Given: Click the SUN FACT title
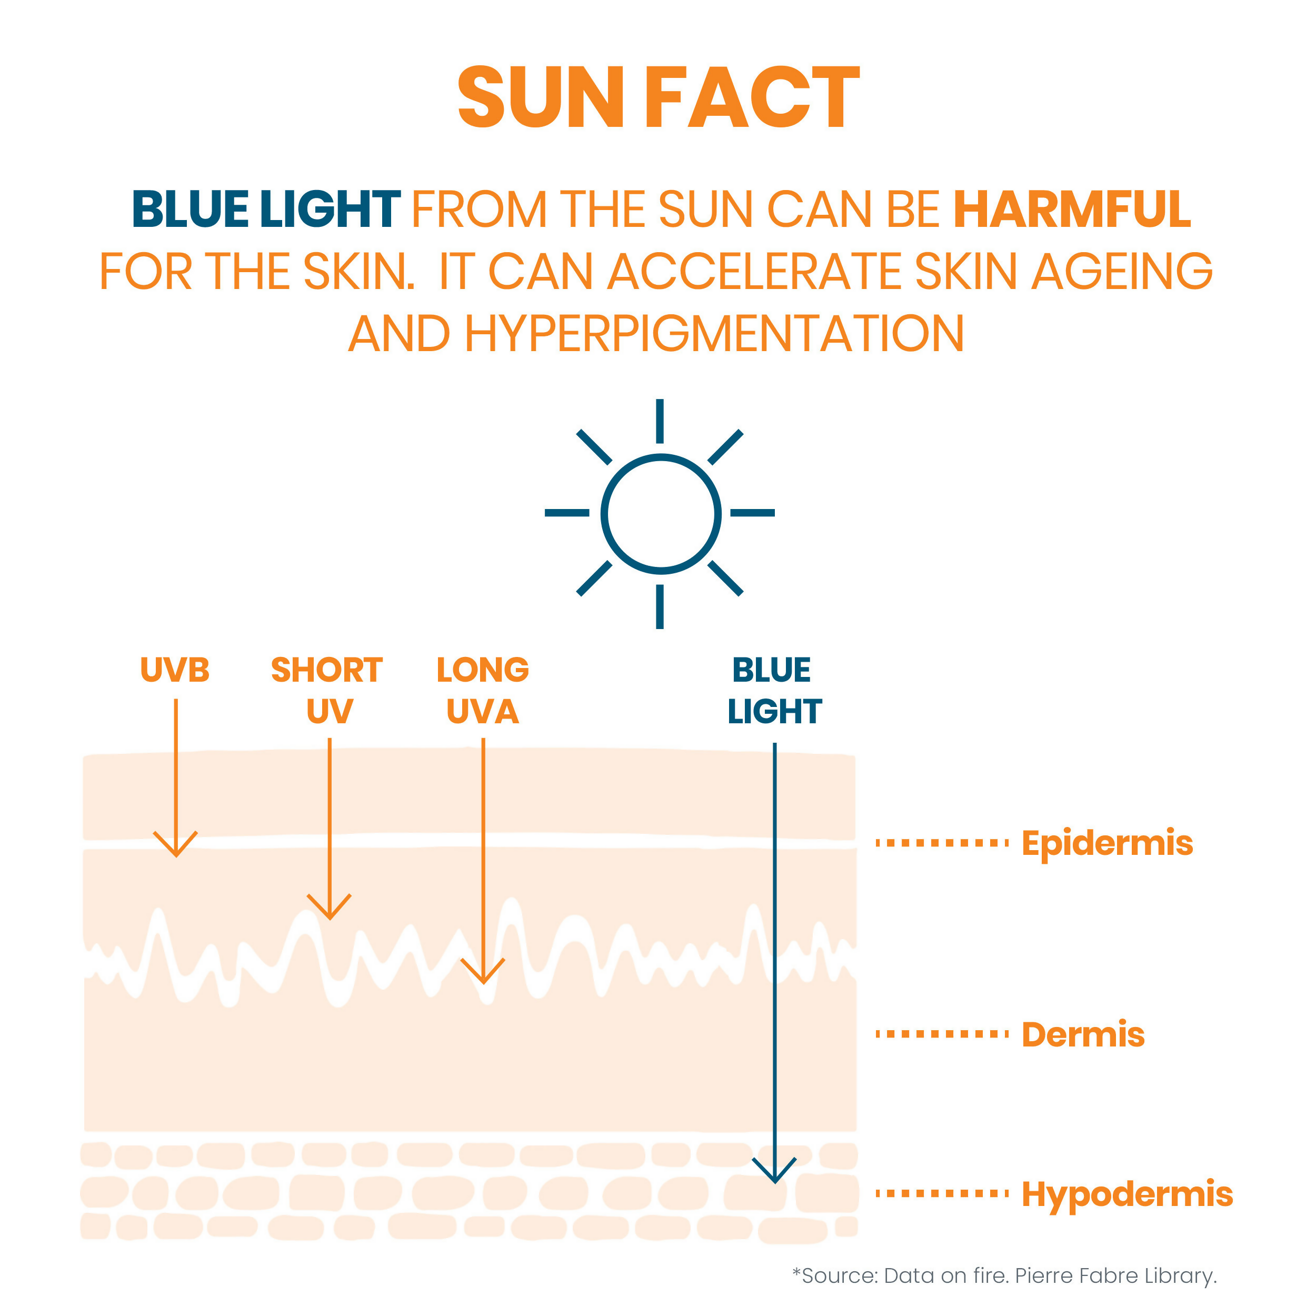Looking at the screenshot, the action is click(x=658, y=97).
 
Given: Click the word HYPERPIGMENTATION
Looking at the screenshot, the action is click(x=714, y=334).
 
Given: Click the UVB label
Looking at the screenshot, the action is click(x=175, y=670).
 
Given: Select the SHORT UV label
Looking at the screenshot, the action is click(x=327, y=690).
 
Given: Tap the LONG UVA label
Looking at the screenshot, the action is click(x=483, y=690).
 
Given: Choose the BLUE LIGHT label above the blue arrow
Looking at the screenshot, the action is click(x=774, y=690).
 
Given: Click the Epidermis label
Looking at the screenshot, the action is click(x=1107, y=843).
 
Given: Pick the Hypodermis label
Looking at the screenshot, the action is click(x=1128, y=1194).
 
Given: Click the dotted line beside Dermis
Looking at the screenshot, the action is click(x=942, y=1034).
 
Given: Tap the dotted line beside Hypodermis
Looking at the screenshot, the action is click(x=942, y=1193).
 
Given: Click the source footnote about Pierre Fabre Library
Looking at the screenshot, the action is click(x=1005, y=1276).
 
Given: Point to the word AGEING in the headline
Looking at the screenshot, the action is click(x=1122, y=272).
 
